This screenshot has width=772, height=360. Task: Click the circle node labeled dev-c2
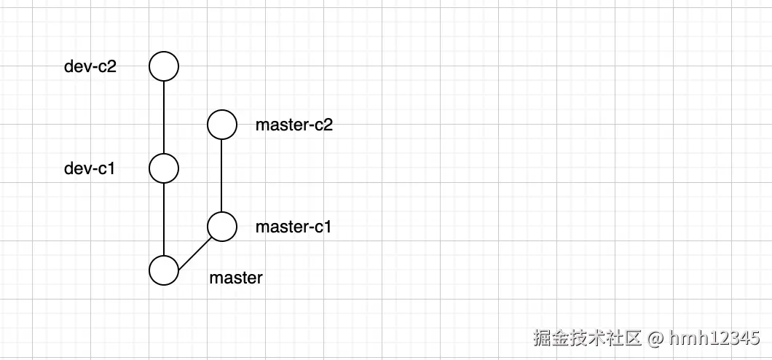[x=164, y=66]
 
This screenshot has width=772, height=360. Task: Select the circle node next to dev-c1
[x=164, y=168]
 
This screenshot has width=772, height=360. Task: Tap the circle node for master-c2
[x=222, y=125]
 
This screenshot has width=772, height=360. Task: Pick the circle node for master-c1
[x=222, y=227]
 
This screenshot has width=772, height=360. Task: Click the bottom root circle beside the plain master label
[x=164, y=270]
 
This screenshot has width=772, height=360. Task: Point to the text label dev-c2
[x=90, y=67]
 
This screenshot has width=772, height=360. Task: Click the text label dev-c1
[x=90, y=169]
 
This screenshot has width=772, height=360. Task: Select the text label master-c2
[x=294, y=125]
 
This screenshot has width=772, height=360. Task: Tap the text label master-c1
[x=294, y=227]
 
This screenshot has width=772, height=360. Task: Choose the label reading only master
[x=236, y=278]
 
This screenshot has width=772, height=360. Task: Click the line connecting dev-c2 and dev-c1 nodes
[x=164, y=117]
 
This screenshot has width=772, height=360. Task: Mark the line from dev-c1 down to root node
[x=164, y=219]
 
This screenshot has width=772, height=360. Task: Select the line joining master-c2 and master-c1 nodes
[x=222, y=175]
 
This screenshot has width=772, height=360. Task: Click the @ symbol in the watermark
[x=655, y=338]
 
